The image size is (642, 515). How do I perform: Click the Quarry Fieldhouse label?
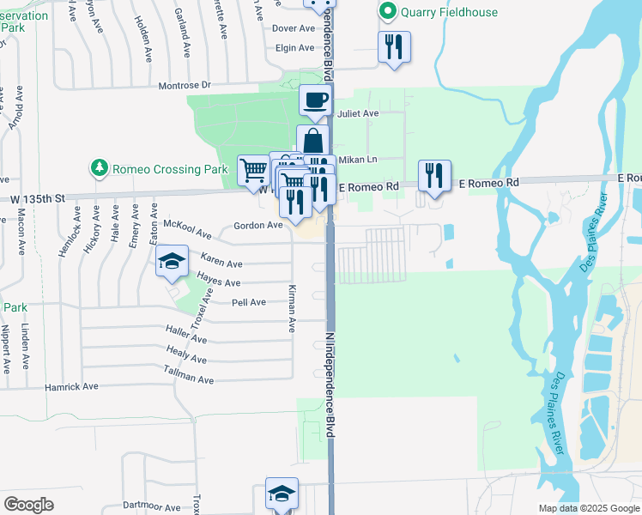click(440, 11)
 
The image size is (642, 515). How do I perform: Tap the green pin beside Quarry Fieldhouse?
click(387, 11)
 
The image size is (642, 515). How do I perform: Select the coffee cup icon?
click(315, 100)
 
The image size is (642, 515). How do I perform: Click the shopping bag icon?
click(313, 141)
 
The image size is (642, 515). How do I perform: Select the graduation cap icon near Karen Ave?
click(172, 261)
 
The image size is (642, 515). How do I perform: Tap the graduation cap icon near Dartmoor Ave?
click(282, 493)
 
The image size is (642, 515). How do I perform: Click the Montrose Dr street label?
click(185, 86)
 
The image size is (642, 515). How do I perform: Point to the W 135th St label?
click(38, 198)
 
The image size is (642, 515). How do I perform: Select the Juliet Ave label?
click(359, 113)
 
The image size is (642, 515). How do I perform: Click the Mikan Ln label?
click(358, 160)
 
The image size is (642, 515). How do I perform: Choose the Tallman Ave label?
click(188, 375)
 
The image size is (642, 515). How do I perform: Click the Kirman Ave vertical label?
click(292, 309)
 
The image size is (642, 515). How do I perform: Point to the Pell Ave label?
click(249, 302)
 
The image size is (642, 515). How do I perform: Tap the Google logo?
click(28, 504)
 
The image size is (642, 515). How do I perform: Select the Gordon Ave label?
click(258, 226)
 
